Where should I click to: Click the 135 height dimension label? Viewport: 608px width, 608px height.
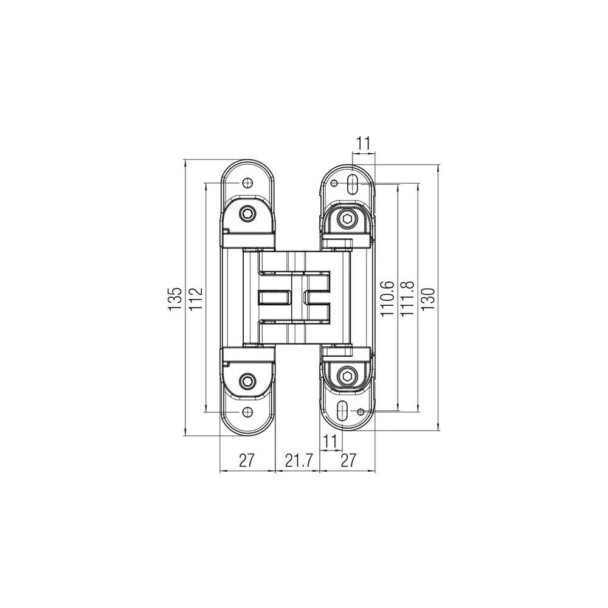point(175,298)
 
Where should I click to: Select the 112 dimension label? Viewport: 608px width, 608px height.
point(196,298)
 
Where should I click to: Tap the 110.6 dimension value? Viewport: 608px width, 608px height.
point(387,299)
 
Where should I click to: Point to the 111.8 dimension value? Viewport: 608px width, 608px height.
point(407,299)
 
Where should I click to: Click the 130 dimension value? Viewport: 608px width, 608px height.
point(428,299)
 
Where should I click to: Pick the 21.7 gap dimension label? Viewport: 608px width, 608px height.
point(299,461)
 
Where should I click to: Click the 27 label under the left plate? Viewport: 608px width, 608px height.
point(247,461)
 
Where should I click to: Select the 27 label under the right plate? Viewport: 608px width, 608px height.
point(348,461)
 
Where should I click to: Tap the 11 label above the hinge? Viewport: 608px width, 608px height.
point(364,143)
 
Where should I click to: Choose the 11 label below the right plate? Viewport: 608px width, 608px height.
point(330,441)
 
